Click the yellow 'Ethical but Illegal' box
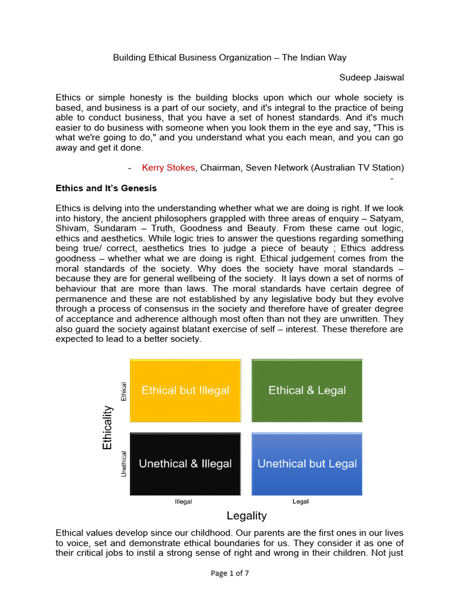click(x=185, y=390)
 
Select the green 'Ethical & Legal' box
click(x=307, y=390)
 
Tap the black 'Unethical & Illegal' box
click(x=185, y=463)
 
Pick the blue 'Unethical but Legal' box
click(x=307, y=463)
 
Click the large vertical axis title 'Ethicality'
click(x=107, y=428)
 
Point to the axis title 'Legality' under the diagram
click(x=246, y=516)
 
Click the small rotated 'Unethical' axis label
click(x=125, y=463)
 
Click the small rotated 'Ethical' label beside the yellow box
click(x=125, y=391)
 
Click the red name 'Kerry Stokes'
click(x=168, y=167)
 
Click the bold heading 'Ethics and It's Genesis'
click(x=106, y=188)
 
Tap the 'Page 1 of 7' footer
click(x=230, y=573)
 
